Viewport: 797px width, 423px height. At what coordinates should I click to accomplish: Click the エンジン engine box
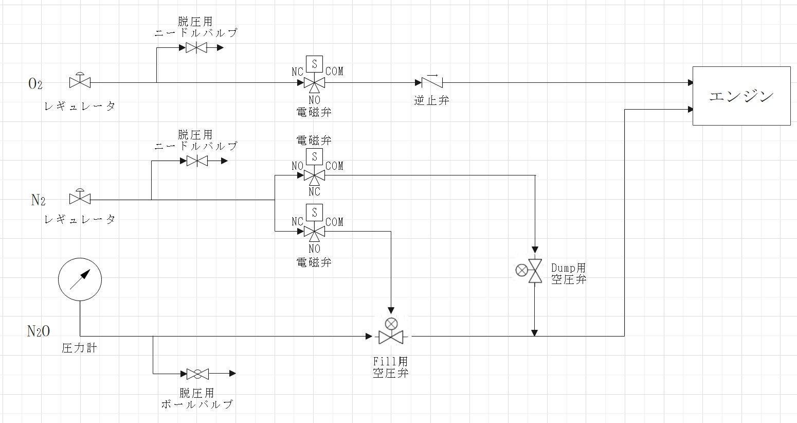tap(741, 96)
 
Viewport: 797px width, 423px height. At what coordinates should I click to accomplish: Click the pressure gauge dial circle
tap(80, 279)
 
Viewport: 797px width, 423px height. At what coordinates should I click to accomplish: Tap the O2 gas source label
tap(35, 84)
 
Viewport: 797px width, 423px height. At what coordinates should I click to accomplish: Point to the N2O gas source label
tap(39, 331)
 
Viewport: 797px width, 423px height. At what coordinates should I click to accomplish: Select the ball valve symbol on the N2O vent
tap(197, 374)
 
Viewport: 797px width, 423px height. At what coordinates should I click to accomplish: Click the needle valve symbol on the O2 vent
tap(195, 48)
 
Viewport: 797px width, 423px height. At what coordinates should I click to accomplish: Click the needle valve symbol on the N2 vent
tap(196, 161)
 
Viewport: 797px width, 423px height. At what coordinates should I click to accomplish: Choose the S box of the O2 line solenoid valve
tap(314, 64)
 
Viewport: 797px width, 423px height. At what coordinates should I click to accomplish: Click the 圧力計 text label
tap(79, 348)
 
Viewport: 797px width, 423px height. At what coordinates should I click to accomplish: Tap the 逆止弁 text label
tap(431, 100)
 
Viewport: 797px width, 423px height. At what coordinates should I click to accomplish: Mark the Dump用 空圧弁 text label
tap(568, 274)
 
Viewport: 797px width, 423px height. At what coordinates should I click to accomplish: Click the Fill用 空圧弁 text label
tap(391, 367)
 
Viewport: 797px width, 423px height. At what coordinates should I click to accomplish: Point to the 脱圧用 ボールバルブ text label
tap(197, 398)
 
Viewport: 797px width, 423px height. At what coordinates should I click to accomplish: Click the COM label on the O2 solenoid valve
tap(334, 72)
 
